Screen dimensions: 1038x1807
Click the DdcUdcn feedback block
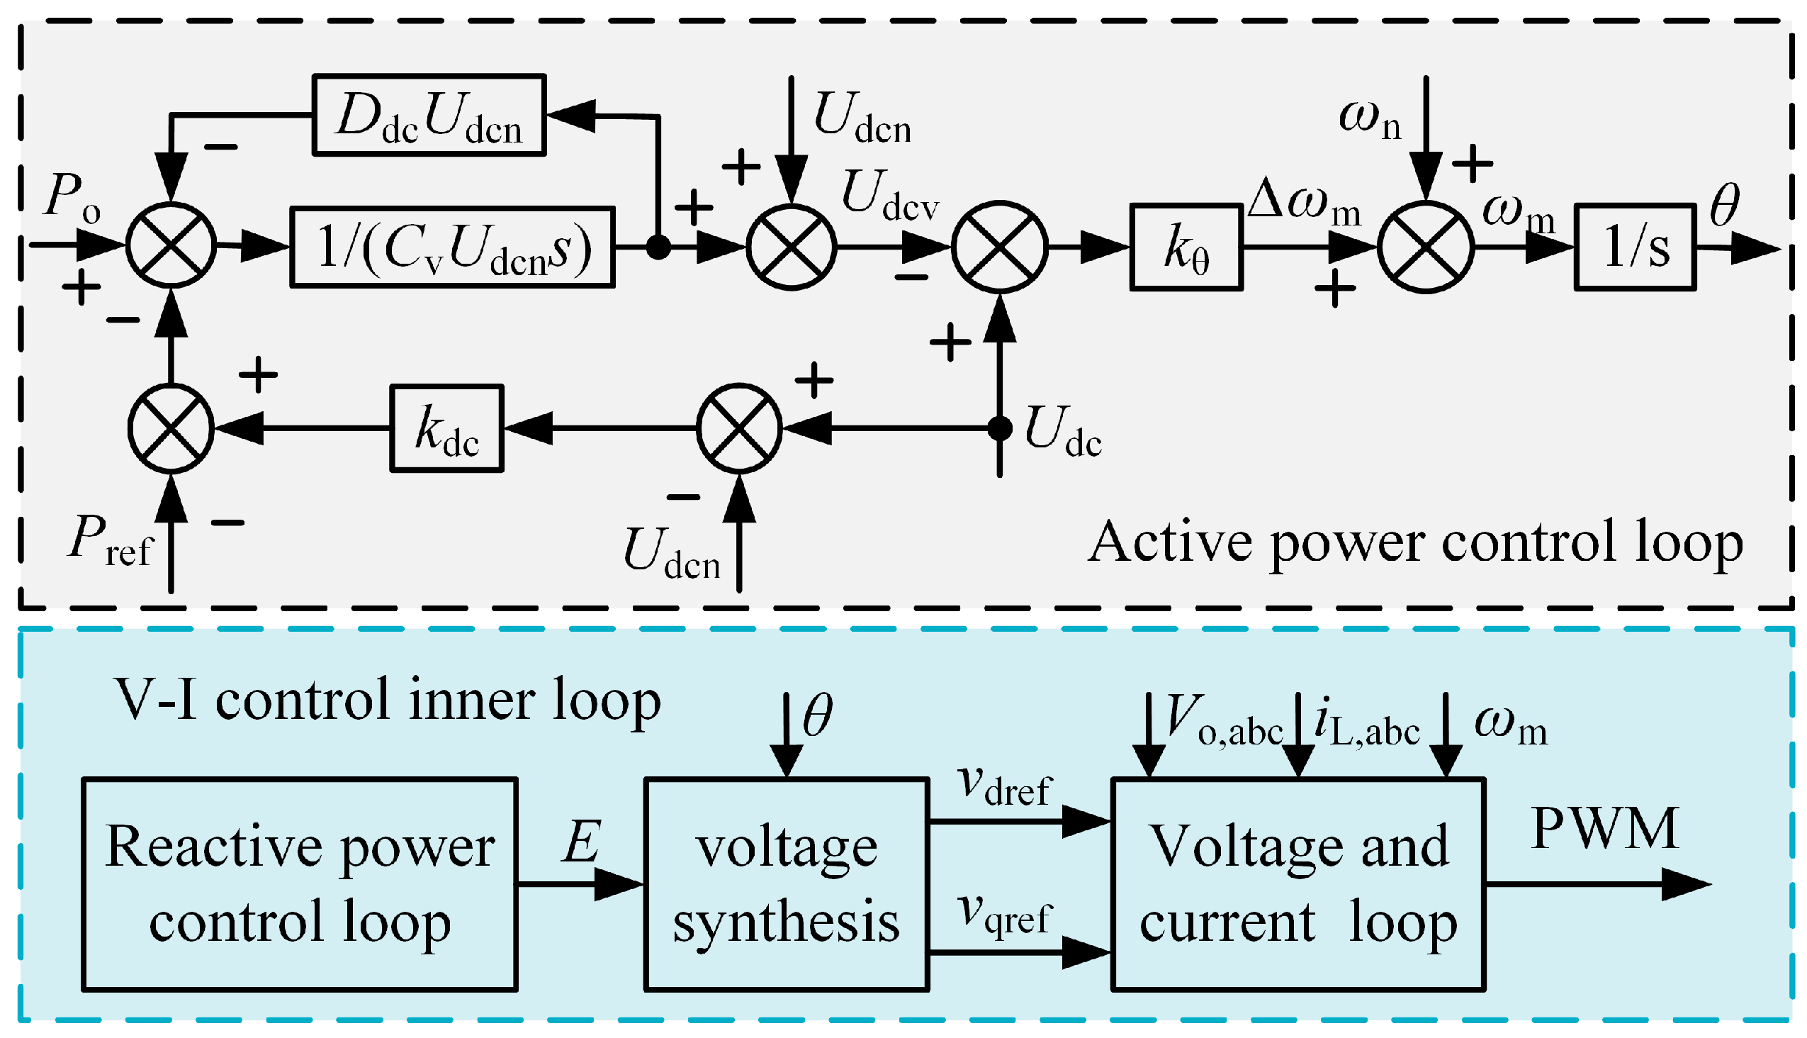[x=429, y=115]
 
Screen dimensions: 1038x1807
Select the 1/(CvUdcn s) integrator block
[x=453, y=247]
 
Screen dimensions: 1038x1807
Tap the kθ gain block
[x=1186, y=247]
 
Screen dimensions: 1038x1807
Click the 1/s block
[x=1636, y=247]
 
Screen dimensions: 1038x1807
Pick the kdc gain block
[x=446, y=428]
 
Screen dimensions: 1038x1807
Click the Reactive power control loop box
[x=300, y=885]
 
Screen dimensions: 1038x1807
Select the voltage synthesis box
[x=787, y=885]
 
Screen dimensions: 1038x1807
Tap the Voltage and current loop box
[x=1298, y=885]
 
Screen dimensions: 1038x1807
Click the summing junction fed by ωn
[x=1425, y=247]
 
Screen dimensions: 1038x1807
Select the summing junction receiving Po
[x=171, y=245]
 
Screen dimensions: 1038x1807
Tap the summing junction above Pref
[x=171, y=428]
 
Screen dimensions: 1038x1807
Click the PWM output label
[x=1604, y=829]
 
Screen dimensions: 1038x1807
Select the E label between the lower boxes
[x=582, y=842]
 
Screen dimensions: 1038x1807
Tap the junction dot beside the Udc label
[x=1000, y=428]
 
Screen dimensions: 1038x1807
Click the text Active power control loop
[x=1415, y=543]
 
